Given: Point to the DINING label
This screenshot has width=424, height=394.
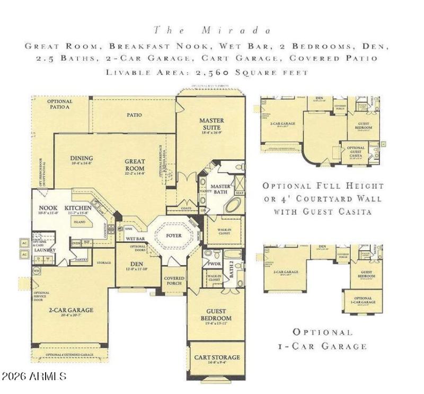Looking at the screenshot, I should click(82, 157).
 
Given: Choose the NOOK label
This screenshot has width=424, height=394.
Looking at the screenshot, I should click(45, 208).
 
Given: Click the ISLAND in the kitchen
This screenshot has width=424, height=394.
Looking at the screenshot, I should click(79, 222).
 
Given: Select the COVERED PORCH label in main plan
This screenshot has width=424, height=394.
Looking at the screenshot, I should click(174, 281).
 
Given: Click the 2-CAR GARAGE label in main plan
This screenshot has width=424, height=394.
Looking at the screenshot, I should click(71, 310).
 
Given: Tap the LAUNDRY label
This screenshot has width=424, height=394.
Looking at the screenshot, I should click(46, 250).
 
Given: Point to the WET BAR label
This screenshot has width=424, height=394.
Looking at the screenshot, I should click(136, 239).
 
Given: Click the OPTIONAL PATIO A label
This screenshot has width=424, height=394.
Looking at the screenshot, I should click(59, 104).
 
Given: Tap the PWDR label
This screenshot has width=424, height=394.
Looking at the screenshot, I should click(214, 263).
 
